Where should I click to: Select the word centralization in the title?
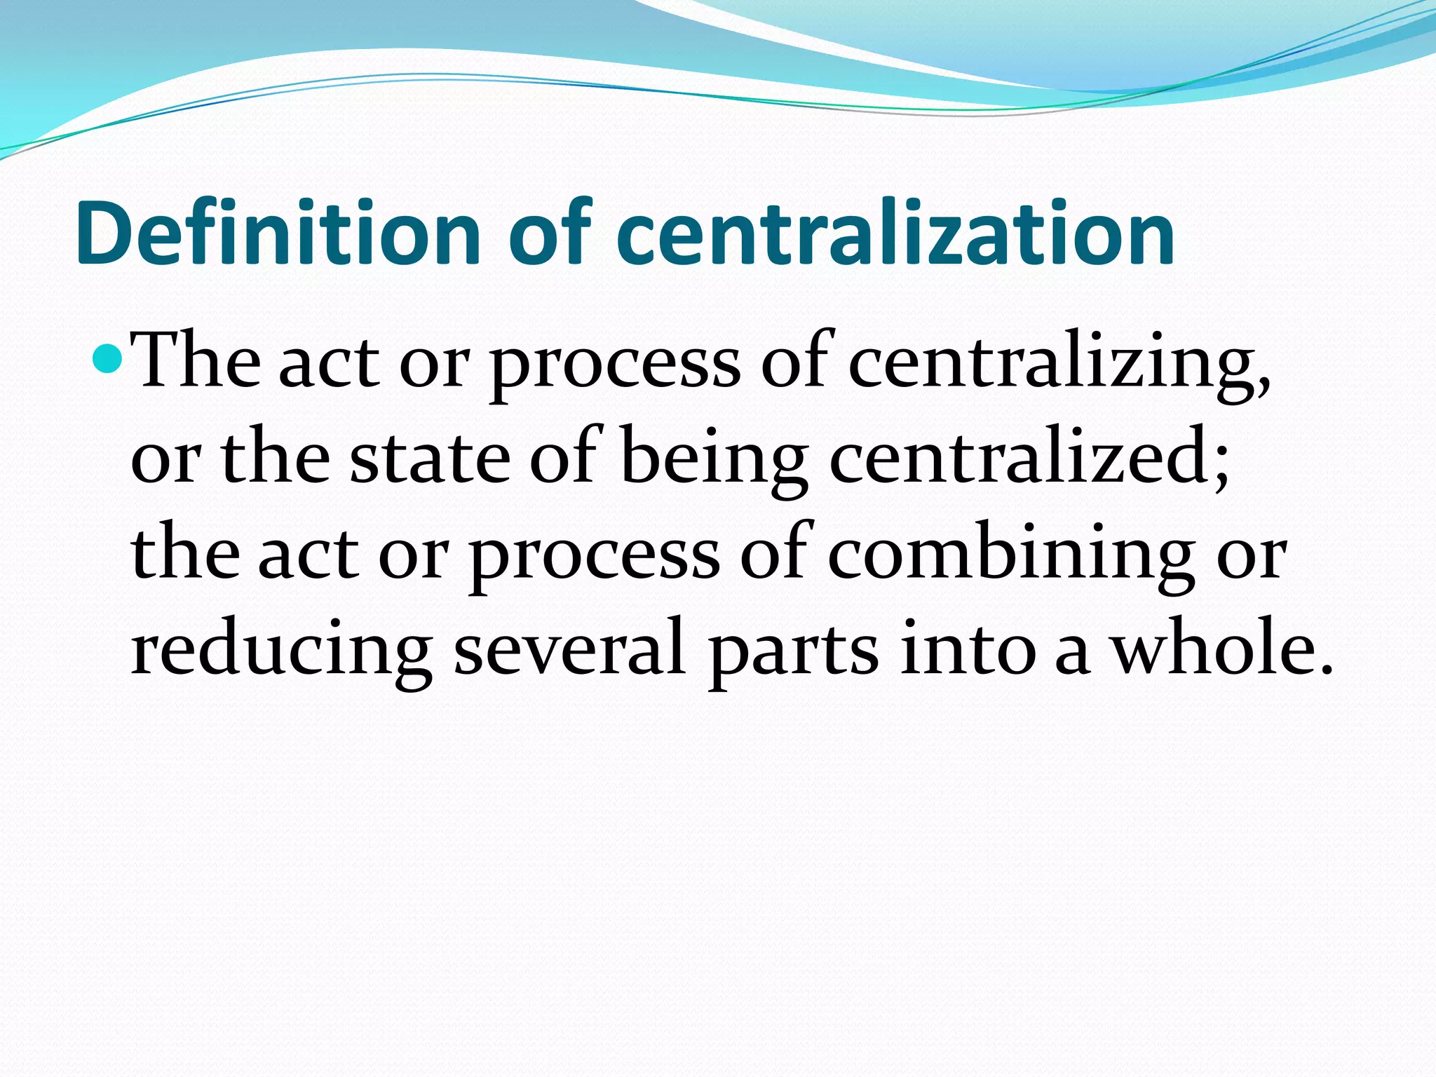(x=895, y=233)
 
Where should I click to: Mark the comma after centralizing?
(x=1262, y=382)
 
